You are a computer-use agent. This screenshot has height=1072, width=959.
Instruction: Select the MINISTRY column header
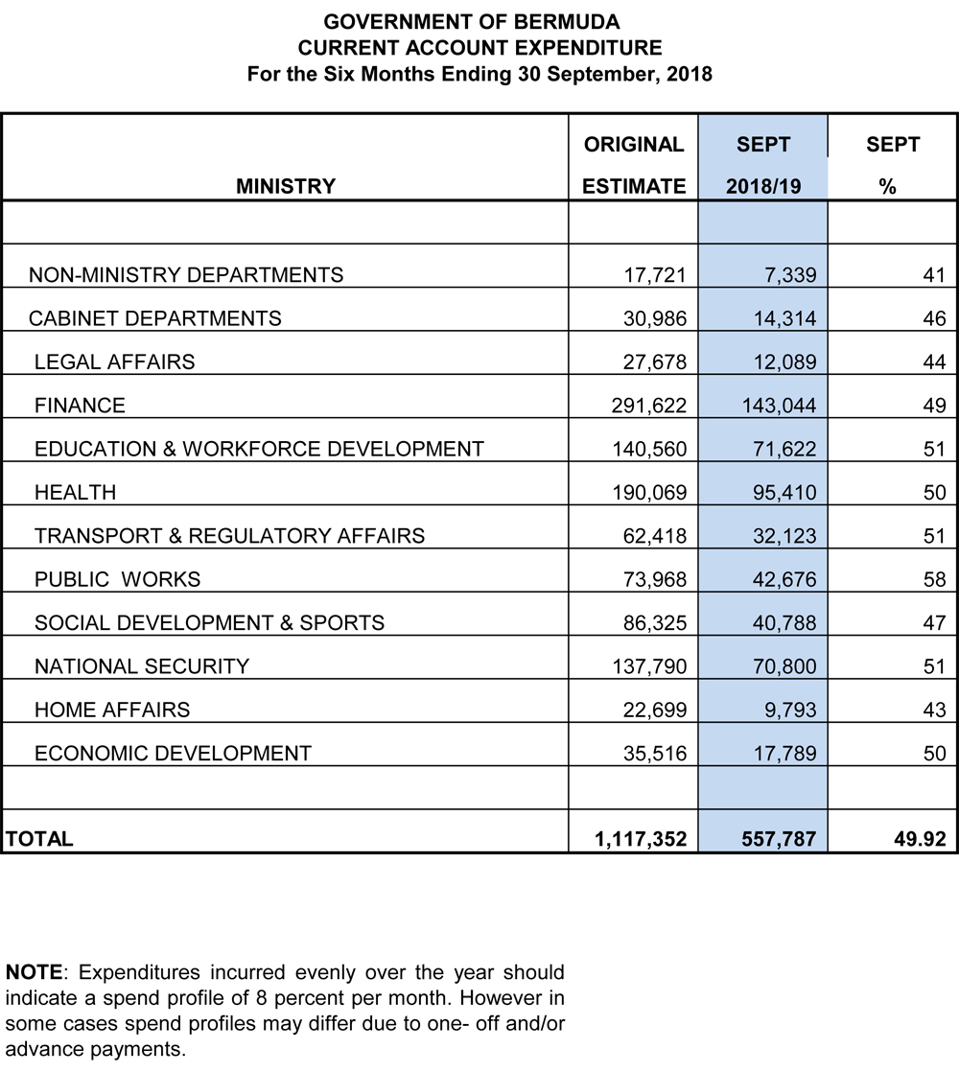285,186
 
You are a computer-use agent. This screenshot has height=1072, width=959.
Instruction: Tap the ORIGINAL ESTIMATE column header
634,165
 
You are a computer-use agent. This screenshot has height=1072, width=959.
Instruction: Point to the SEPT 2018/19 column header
763,165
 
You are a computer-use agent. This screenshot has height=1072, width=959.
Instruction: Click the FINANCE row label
80,406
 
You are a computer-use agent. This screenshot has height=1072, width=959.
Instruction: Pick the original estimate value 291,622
649,406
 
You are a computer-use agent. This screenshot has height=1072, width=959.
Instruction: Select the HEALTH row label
75,493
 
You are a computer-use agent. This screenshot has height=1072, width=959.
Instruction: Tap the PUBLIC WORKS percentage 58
934,579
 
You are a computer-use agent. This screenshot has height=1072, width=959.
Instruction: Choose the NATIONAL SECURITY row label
142,666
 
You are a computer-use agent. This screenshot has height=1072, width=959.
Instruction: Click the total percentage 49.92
920,839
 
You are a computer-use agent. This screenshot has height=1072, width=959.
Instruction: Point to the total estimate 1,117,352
640,839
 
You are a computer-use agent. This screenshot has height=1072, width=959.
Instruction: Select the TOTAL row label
38,839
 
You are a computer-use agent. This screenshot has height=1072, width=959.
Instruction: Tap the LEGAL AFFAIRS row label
114,361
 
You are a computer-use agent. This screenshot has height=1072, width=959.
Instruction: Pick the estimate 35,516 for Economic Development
655,754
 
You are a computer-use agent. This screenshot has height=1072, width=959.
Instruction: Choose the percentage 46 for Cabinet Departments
934,318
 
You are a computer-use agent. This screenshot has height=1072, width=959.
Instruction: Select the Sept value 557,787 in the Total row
778,839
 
